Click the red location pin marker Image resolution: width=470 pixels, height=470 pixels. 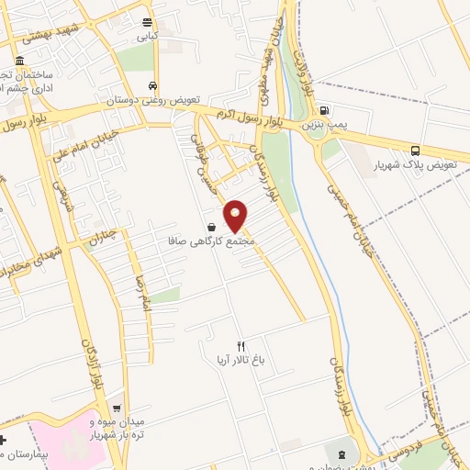point(237,215)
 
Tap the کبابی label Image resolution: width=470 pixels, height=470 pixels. point(148,38)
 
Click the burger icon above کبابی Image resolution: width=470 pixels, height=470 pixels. point(148,23)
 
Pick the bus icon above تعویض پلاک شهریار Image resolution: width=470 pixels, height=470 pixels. point(416,151)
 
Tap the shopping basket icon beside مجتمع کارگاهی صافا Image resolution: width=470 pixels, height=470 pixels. point(212,227)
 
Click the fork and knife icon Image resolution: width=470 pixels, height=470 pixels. point(241,346)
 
